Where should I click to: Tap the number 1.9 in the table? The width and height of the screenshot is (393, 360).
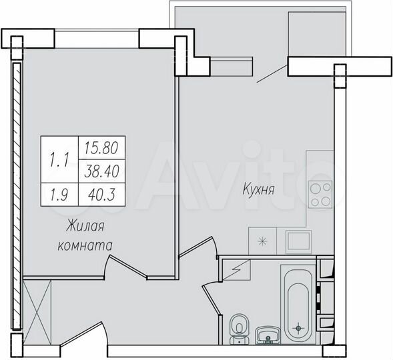coord(59,195)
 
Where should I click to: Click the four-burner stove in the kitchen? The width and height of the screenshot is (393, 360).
coord(320,193)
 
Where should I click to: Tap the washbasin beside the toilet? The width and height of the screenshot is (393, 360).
coord(268,335)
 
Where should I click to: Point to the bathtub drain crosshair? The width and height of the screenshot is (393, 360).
coord(298,327)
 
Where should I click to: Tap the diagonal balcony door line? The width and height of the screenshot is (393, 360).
coord(272,71)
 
